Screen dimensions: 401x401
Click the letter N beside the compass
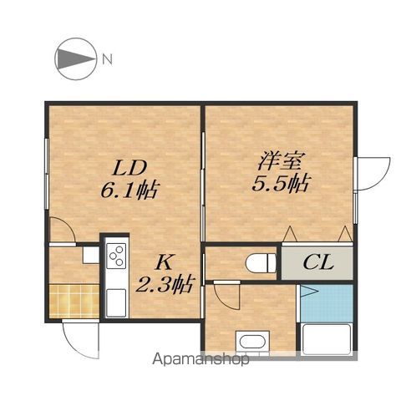(107, 59)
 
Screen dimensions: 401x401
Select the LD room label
(129, 168)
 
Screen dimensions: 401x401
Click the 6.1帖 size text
(129, 190)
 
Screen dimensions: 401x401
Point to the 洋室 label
(280, 160)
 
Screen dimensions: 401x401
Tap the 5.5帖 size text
(281, 184)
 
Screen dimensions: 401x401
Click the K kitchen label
(164, 262)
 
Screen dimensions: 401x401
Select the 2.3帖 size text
(165, 284)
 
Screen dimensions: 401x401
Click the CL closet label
(318, 262)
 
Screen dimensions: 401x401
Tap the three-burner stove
(116, 256)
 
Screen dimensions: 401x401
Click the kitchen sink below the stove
(116, 302)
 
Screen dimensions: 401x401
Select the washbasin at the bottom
(252, 342)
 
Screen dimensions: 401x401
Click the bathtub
(326, 339)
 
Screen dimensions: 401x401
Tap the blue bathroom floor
(327, 303)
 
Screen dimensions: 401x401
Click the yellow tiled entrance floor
(74, 301)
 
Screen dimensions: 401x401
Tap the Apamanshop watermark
(200, 360)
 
